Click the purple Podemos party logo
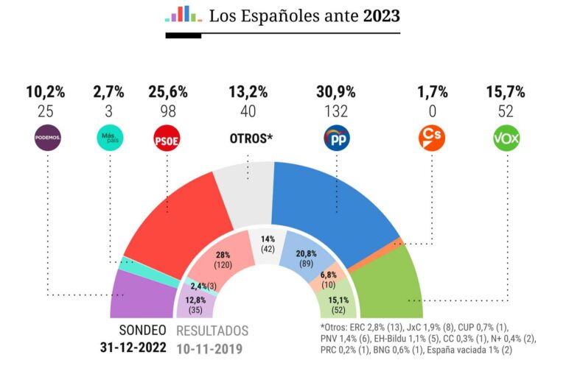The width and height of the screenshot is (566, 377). [x=48, y=137]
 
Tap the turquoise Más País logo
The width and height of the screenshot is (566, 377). [x=108, y=137]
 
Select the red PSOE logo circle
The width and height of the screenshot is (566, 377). [x=167, y=138]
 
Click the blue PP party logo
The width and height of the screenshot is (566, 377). [x=336, y=138]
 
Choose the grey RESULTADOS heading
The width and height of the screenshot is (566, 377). [x=212, y=331]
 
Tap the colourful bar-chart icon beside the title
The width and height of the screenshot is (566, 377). [x=183, y=15]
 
